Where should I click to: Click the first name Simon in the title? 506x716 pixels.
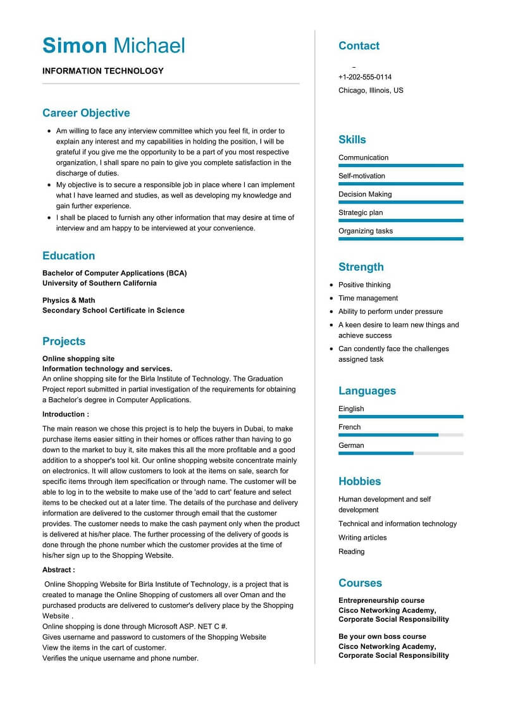click(75, 46)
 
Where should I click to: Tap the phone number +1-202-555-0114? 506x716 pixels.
click(364, 77)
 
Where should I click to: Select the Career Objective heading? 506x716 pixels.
click(86, 113)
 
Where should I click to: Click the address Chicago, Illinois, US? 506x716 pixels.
click(371, 90)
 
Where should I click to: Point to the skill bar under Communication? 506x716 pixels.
click(400, 166)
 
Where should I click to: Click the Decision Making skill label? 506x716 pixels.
click(365, 194)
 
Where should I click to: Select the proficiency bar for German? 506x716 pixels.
click(400, 454)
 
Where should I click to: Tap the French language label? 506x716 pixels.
click(350, 427)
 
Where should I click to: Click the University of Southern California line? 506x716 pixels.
click(99, 283)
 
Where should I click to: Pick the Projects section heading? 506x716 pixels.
click(64, 342)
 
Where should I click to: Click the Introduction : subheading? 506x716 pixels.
click(66, 414)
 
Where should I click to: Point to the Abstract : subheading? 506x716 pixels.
click(59, 570)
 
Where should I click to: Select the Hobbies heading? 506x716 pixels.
click(360, 481)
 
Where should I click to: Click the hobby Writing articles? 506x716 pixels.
click(362, 538)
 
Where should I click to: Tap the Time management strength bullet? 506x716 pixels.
click(368, 298)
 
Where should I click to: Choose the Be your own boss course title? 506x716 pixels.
click(382, 636)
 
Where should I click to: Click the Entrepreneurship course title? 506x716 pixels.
click(381, 600)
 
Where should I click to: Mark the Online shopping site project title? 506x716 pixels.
click(78, 359)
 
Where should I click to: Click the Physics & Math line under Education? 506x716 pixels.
click(69, 300)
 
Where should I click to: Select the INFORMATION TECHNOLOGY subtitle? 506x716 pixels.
click(103, 71)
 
